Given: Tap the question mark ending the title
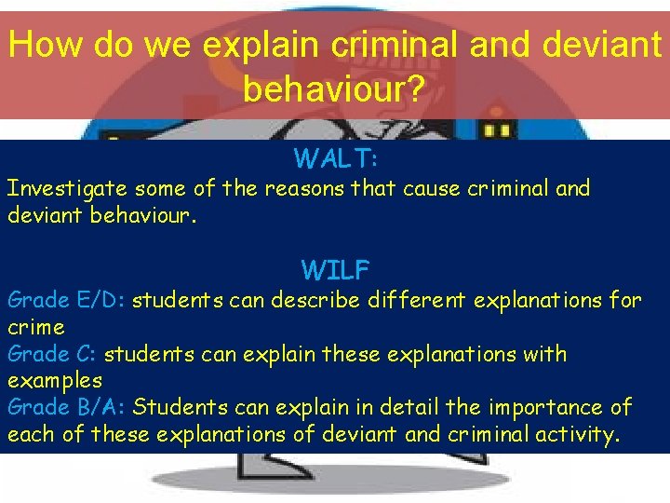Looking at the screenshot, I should pyautogui.click(x=417, y=88).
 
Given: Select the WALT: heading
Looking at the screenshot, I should pyautogui.click(x=335, y=158).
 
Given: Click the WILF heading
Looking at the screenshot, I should pyautogui.click(x=335, y=271).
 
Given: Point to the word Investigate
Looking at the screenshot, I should pyautogui.click(x=68, y=188).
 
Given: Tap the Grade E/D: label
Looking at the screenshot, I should pyautogui.click(x=67, y=300).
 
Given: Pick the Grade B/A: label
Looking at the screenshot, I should pyautogui.click(x=67, y=407).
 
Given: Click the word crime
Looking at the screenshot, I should pyautogui.click(x=35, y=327).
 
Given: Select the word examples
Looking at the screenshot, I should pyautogui.click(x=54, y=380).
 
